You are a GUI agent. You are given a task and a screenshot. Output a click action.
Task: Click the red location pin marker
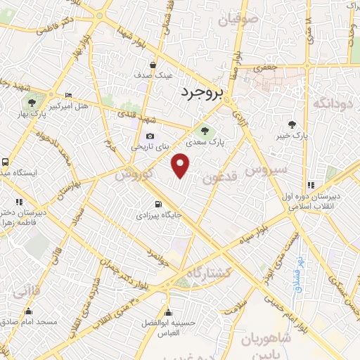tap(181, 166)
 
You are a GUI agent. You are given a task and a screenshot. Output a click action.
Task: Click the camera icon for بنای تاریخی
tap(149, 136)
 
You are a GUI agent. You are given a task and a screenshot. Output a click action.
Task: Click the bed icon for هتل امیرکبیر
tap(67, 95)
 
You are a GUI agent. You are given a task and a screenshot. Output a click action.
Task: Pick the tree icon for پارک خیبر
tap(292, 123)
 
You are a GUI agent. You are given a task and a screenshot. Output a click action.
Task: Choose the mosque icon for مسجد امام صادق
tap(29, 311)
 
